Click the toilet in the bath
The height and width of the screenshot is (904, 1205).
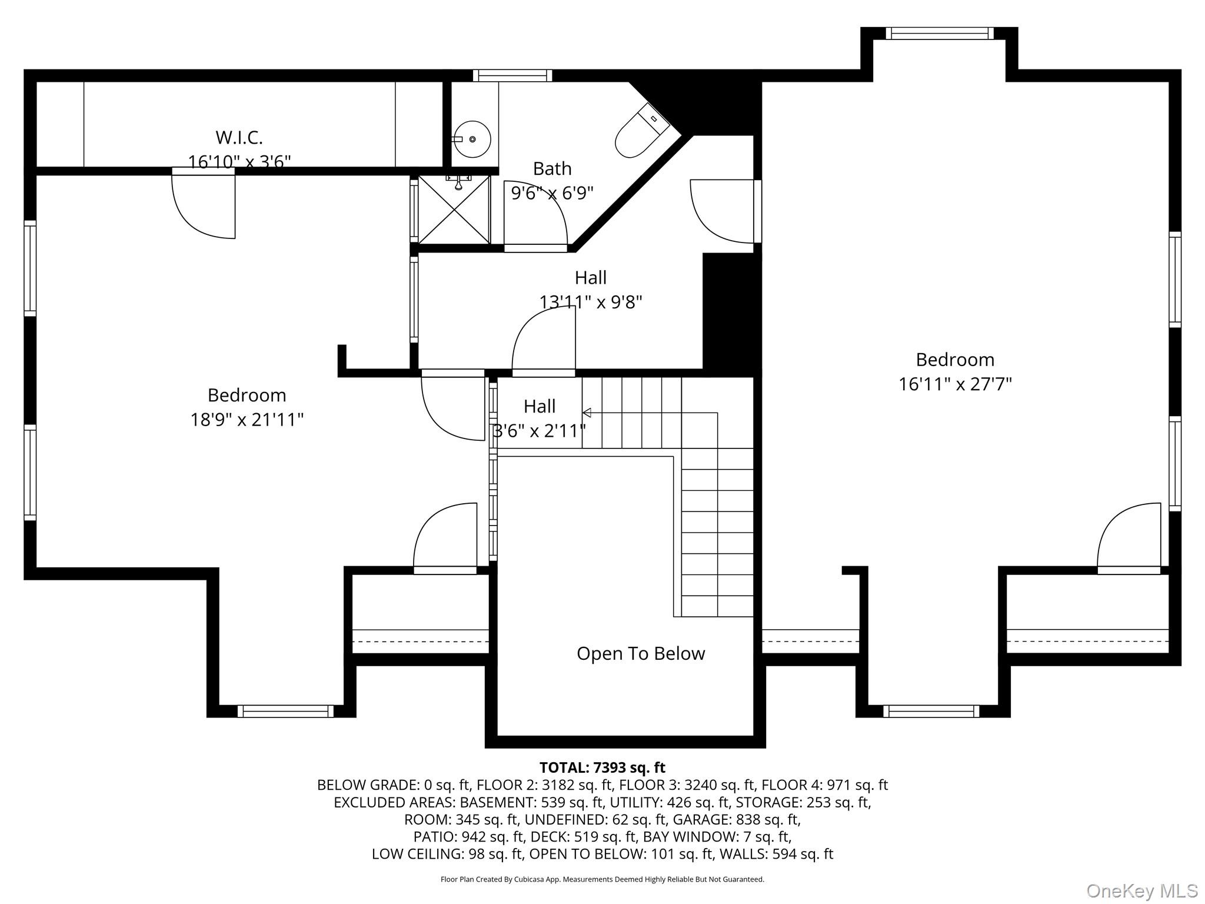click(643, 131)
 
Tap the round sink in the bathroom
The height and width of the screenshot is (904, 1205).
click(473, 139)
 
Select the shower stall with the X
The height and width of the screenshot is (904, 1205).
click(454, 210)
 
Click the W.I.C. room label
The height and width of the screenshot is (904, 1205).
click(239, 137)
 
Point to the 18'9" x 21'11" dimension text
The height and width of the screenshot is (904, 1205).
click(247, 420)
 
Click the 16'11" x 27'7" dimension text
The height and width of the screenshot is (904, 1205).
click(955, 384)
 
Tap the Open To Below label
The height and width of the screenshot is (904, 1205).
click(641, 653)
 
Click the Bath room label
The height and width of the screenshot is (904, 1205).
click(552, 169)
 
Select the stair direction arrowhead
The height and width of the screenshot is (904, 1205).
click(587, 413)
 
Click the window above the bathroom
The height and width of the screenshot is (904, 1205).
click(512, 75)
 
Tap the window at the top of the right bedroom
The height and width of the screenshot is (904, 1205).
click(939, 33)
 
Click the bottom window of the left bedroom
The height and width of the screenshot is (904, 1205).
click(285, 712)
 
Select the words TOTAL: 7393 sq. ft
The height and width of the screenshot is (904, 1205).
click(602, 767)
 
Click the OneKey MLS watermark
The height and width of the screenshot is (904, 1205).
click(1142, 891)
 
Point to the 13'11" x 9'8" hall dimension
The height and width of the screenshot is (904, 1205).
click(591, 302)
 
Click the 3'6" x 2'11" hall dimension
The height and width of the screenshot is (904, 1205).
click(540, 431)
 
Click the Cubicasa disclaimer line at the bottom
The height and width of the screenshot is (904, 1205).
click(602, 879)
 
